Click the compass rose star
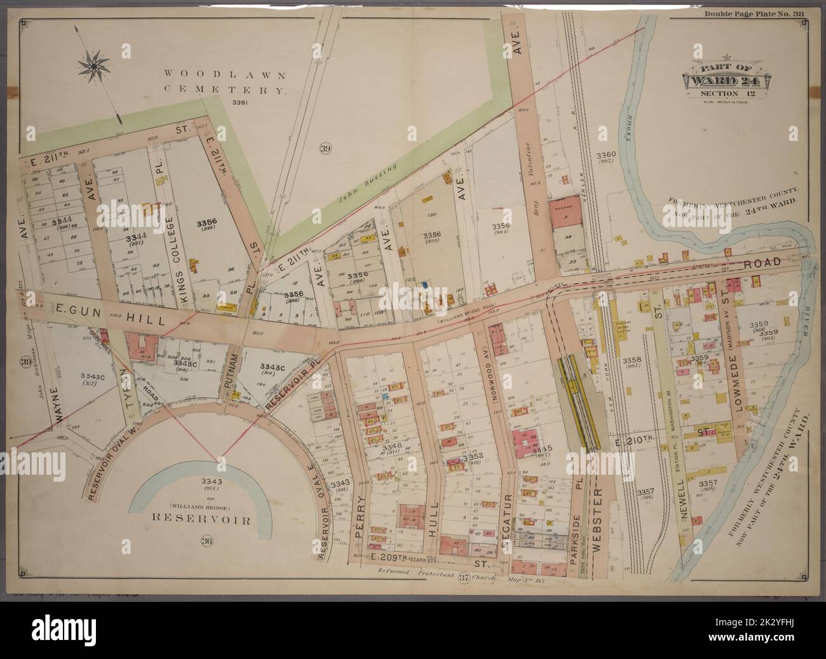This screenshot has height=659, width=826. pos(93,64)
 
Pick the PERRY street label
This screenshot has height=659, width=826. pos(360,519)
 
